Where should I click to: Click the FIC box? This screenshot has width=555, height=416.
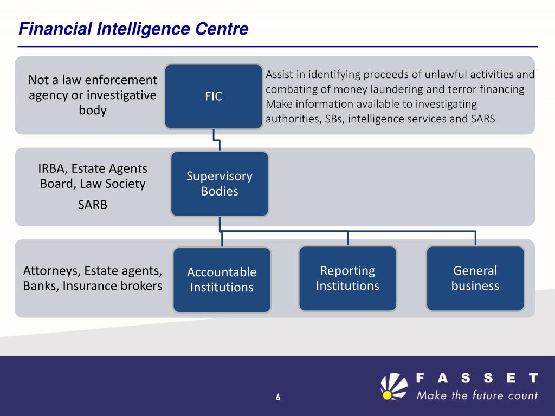coord(214,96)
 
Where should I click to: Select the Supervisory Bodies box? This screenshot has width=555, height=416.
coord(220,184)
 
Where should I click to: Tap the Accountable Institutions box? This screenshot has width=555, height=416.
coord(222,279)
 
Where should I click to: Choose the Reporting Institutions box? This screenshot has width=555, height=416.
coord(347,278)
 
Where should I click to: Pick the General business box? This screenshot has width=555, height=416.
coord(475,278)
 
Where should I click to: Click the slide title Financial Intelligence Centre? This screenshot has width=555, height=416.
coord(133,29)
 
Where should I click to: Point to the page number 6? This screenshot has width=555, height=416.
coord(278,398)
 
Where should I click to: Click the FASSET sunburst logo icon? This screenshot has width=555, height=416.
coord(394,386)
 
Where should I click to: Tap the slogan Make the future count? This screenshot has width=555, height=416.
coord(477,395)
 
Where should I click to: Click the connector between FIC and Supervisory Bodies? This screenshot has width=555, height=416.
coord(217,140)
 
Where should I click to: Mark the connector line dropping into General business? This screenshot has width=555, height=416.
coord(475,238)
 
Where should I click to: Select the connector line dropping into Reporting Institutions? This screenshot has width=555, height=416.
coord(347,238)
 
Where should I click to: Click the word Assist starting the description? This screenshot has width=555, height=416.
coord(280,75)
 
